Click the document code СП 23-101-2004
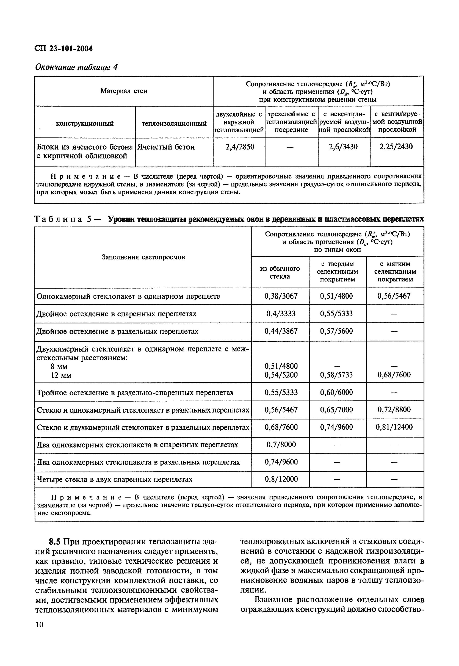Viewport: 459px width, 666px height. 63,49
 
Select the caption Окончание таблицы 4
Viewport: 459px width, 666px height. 76,67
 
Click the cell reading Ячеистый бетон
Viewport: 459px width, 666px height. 166,147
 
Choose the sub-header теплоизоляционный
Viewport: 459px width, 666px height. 174,123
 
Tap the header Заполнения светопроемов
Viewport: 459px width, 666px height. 143,257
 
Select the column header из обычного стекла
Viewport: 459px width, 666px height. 280,272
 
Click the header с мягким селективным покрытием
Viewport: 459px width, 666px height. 395,272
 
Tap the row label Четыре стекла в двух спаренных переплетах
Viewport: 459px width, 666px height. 114,480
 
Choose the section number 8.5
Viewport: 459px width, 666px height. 55,542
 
